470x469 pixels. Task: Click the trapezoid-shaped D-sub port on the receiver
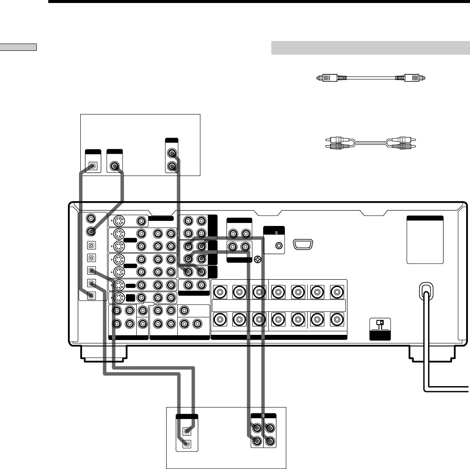[x=304, y=246]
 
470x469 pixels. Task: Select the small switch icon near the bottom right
[x=380, y=324]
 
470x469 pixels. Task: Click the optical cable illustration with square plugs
[x=371, y=78]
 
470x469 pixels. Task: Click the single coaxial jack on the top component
[x=115, y=166]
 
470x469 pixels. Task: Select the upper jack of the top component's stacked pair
[x=171, y=153]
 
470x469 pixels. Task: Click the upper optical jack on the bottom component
[x=187, y=431]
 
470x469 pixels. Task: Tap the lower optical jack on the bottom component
[x=187, y=443]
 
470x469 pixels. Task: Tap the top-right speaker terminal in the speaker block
[x=336, y=293]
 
